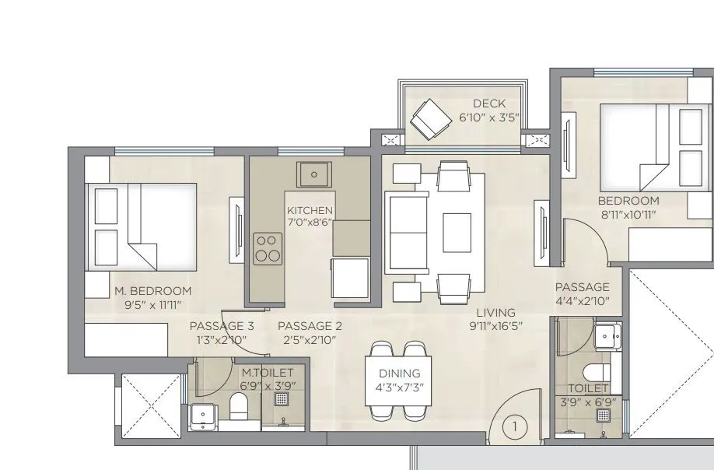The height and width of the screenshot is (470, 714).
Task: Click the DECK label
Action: point(488,103)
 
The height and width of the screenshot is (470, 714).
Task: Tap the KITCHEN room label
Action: point(310,211)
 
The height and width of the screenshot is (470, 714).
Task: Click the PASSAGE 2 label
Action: point(310,326)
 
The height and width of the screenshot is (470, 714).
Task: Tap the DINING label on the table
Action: point(399,374)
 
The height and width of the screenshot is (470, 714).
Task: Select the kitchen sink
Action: point(314,174)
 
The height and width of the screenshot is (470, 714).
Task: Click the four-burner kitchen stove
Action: point(267,247)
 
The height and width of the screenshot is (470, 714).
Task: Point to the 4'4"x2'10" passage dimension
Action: point(582,300)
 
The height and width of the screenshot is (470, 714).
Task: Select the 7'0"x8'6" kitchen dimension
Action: point(310,223)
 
